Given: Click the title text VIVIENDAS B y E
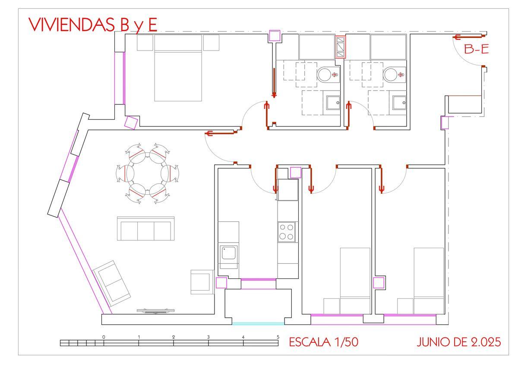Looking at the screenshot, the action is tap(93, 25).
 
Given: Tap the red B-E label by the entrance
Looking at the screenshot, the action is tap(477, 49).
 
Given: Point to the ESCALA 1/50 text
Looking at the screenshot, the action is tap(323, 342).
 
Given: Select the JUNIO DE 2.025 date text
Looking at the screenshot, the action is tap(459, 342).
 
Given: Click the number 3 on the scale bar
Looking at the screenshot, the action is tap(208, 337).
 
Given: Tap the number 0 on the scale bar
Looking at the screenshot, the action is tap(104, 337).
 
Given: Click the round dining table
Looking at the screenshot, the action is tap(148, 174).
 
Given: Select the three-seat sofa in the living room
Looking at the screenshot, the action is tap(146, 228).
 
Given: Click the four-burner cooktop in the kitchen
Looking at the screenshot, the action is tap(286, 232).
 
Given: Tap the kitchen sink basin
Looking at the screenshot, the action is tap(229, 252).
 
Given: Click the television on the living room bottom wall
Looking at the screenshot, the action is tap(155, 311).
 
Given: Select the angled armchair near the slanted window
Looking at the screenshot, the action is tap(111, 284).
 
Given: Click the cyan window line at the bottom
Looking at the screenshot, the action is tap(258, 324).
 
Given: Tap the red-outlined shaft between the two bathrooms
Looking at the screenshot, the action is tap(341, 47).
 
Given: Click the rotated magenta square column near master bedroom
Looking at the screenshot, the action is tap(131, 122).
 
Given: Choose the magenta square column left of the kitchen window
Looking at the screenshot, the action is tap(221, 283).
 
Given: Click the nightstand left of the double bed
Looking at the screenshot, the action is tap(145, 43).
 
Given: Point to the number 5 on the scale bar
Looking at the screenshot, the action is tap(278, 337).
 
